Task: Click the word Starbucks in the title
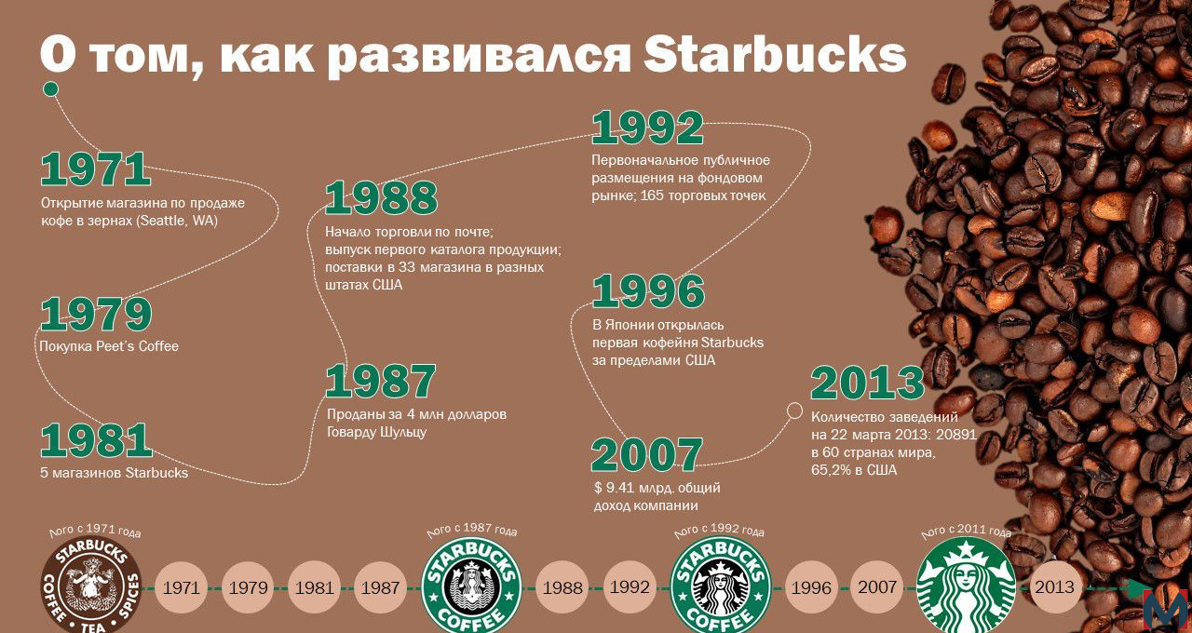[775, 54]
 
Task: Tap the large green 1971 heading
[95, 169]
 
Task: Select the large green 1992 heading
[647, 128]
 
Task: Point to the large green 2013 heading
[867, 383]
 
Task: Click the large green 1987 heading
[381, 381]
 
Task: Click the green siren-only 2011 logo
[966, 586]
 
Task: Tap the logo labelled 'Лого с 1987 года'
[471, 586]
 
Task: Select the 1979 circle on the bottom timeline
[248, 587]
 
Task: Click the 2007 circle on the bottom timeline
[877, 586]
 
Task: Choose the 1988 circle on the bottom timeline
[562, 587]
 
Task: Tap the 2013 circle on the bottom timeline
[1055, 586]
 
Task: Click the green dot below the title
[50, 89]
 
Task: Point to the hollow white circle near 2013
[794, 411]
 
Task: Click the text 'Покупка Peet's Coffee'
[109, 346]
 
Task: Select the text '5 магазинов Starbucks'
[114, 473]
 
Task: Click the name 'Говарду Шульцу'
[377, 432]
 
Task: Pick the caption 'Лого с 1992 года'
[718, 531]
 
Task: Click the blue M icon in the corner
[1168, 611]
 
